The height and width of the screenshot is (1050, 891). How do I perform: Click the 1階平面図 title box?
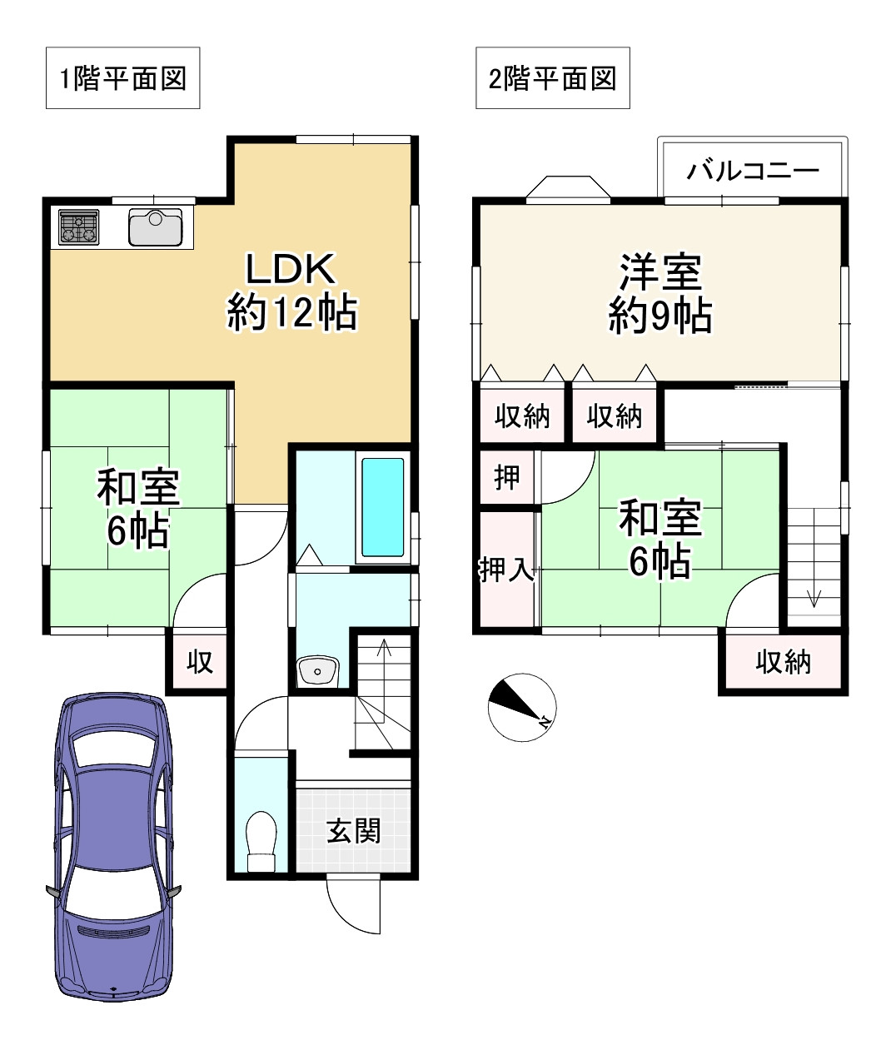point(122,78)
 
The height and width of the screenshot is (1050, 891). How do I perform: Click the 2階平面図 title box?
point(552,78)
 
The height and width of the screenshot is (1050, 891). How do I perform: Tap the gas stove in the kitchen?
point(78,226)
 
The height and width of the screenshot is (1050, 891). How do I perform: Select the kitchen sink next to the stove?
point(156,227)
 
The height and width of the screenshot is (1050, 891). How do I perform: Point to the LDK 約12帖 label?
point(291,291)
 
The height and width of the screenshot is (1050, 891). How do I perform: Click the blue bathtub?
point(383,509)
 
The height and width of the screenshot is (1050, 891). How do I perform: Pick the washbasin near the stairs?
point(317,669)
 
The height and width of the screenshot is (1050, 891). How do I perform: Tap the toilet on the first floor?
point(261,841)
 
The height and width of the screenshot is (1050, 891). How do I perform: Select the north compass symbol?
point(521,706)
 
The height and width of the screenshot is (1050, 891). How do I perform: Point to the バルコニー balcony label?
point(753,172)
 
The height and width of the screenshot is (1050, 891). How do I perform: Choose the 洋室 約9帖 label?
point(660,293)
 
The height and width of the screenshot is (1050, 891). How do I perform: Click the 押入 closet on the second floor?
point(505,570)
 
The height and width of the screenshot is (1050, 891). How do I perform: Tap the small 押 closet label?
point(507,477)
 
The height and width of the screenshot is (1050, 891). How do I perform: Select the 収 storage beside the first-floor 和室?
point(199,661)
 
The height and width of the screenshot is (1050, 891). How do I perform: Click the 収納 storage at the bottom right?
point(783,662)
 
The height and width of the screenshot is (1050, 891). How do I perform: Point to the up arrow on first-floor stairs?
point(383,648)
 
